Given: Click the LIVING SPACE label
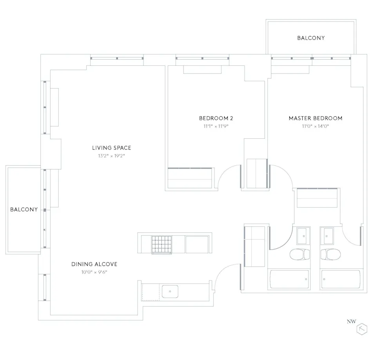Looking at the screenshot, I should [x=111, y=148].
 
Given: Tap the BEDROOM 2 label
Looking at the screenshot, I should [x=216, y=118].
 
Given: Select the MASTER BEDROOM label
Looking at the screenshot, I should [x=315, y=118].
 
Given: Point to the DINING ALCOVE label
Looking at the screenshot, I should [x=94, y=264].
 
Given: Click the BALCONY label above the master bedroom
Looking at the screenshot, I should [x=311, y=38].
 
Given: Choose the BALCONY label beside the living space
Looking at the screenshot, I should [x=24, y=209].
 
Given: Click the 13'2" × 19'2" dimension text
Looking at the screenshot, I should [x=111, y=156].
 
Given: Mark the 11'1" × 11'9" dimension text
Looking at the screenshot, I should [x=216, y=126].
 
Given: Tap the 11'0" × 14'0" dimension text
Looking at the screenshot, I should [x=315, y=126].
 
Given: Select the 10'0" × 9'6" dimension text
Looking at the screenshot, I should [x=94, y=272].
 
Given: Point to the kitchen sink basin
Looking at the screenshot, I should [x=170, y=291].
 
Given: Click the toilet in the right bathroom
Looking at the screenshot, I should [x=329, y=255].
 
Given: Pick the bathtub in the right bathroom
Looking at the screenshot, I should [x=340, y=280].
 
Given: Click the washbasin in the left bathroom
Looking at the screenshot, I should [x=302, y=236].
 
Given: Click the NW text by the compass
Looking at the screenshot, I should [x=351, y=322].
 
